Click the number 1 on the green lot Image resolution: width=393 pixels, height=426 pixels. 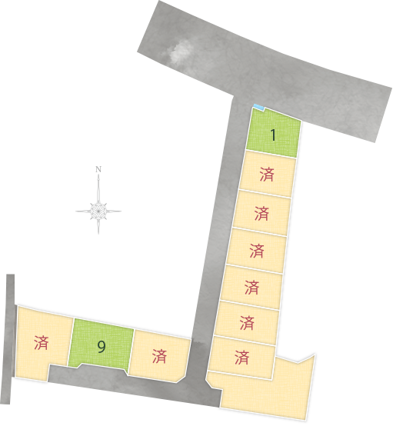274,135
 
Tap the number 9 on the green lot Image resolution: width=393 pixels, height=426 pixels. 102,347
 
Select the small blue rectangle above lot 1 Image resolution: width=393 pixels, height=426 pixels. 258,107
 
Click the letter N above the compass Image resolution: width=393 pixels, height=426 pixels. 98,169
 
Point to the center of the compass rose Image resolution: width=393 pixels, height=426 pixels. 98,211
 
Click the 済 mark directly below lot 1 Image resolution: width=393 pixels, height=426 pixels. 267,174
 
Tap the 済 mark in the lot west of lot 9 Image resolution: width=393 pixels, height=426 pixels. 42,343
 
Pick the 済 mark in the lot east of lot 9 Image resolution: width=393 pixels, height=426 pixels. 159,356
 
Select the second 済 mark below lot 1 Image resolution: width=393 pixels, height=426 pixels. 261,213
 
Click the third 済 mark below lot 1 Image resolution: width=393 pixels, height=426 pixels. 257,251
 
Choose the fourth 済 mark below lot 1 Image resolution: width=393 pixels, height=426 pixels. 251,287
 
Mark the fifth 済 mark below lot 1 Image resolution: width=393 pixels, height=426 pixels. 247,322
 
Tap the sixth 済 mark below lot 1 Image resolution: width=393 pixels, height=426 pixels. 242,358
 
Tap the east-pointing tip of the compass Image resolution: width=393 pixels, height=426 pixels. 121,211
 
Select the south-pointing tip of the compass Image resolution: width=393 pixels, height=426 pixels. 98,233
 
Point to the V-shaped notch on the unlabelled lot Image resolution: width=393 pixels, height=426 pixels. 298,362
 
